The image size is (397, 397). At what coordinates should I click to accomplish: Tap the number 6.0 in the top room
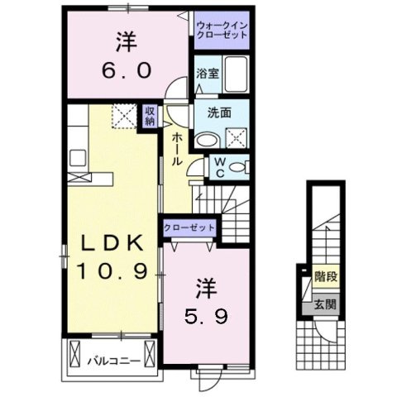pos(127,70)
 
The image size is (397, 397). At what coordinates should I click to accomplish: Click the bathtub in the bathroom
pos(239,75)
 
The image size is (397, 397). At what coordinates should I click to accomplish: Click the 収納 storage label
pos(150,117)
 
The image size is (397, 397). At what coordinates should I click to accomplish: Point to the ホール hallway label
pos(177,148)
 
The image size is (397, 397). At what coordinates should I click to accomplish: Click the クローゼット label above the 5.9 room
pos(190,227)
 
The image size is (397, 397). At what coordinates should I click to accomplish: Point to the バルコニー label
pos(108,358)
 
